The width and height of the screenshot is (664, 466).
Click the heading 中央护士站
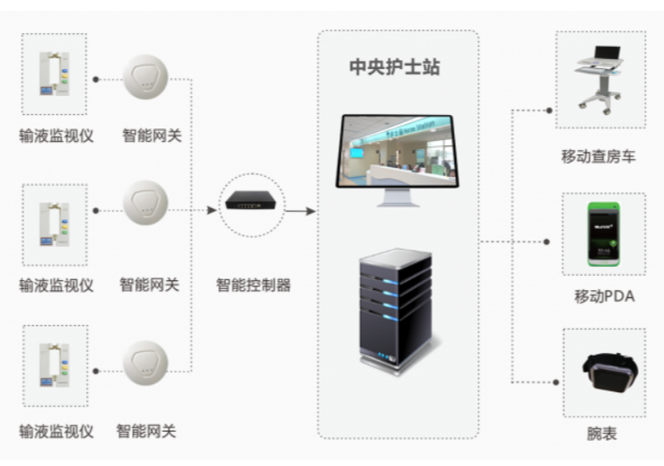tap(395, 67)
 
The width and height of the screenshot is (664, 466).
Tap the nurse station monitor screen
tap(397, 150)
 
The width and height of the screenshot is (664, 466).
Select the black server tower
tap(396, 311)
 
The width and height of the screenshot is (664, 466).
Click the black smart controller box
tap(250, 200)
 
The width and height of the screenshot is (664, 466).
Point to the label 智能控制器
tap(253, 286)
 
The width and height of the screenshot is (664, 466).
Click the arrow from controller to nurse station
tap(301, 210)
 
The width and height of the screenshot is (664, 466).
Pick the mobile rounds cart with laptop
tap(598, 80)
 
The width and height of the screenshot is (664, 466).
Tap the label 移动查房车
tap(598, 156)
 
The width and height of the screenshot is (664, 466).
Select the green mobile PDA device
tap(604, 233)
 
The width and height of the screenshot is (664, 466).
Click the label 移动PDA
tap(604, 296)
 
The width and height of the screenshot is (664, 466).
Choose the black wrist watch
tap(610, 373)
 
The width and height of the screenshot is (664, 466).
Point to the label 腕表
tap(601, 434)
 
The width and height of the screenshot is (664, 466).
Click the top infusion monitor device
tap(54, 74)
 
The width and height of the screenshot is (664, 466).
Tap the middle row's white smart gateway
tap(145, 203)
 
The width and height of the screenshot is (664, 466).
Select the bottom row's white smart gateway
tap(145, 363)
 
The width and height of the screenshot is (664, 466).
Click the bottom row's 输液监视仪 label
tap(57, 431)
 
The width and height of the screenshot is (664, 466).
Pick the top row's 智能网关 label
tap(152, 136)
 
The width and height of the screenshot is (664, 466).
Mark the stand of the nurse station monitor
tap(398, 198)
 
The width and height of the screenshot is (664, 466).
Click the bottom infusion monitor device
tap(54, 365)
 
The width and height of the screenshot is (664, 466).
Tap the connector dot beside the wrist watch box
tap(556, 382)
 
